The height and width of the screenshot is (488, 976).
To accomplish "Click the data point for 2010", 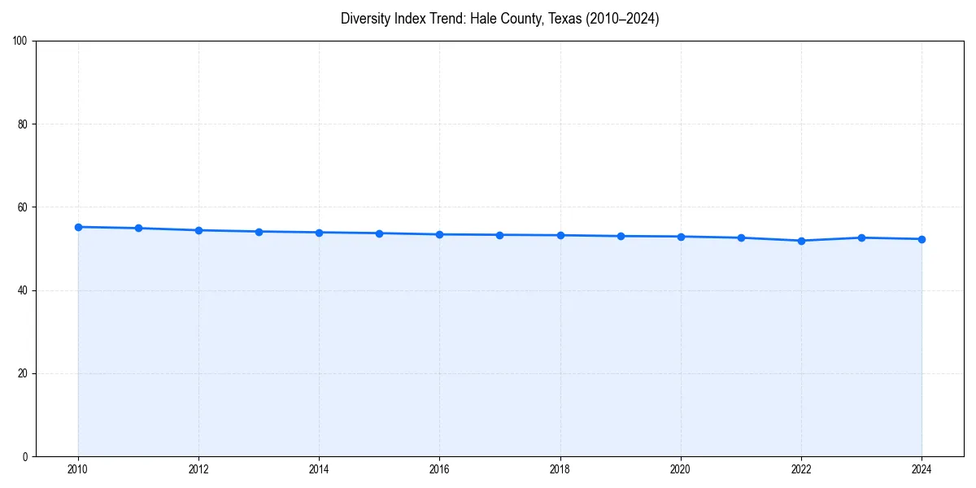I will click(78, 227).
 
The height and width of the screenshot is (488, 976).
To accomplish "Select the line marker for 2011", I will click(138, 229).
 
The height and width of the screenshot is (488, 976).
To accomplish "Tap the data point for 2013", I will click(259, 232).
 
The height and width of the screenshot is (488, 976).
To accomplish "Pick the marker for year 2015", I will click(379, 233).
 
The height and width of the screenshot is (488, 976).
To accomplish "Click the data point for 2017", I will click(499, 235).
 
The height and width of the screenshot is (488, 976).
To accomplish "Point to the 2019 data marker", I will click(621, 236).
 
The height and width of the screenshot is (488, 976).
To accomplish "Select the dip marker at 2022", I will click(801, 241).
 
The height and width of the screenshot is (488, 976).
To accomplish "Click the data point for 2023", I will click(861, 237).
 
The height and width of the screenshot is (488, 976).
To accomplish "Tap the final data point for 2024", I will click(922, 239).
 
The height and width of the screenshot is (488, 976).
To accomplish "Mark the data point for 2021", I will click(741, 237).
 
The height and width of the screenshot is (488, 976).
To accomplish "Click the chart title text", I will click(499, 19).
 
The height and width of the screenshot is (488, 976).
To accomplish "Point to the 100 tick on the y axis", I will click(20, 41).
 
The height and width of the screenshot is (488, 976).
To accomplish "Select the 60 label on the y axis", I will click(23, 207).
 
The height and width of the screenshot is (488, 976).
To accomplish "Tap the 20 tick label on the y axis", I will click(23, 373).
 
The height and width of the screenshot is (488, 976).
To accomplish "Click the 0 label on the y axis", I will click(25, 456).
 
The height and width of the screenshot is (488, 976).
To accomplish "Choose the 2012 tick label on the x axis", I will click(198, 469).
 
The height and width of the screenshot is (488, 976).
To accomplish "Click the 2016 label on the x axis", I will click(439, 469).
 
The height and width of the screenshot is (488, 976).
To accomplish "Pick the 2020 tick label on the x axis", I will click(681, 469).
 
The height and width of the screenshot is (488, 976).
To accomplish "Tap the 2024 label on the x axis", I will click(922, 469).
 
